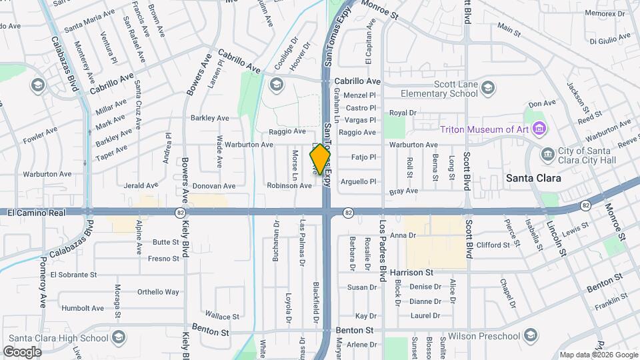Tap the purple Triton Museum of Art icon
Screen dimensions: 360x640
click(539, 128)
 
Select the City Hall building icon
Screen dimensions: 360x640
click(547, 154)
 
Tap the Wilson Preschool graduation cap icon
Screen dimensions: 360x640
click(531, 334)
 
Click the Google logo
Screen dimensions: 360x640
click(22, 351)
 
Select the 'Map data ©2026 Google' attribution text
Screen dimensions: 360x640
click(598, 355)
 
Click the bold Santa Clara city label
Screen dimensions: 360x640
click(533, 178)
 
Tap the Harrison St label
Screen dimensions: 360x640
click(411, 273)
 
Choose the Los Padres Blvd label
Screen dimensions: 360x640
click(383, 250)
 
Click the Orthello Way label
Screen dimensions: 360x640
click(158, 291)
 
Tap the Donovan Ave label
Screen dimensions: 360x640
click(214, 186)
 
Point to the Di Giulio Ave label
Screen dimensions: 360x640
click(610, 40)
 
